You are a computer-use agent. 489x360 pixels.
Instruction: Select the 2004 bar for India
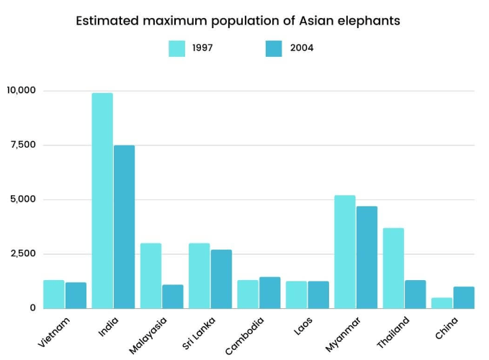pyautogui.click(x=124, y=227)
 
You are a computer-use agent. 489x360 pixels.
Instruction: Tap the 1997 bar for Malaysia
pyautogui.click(x=151, y=276)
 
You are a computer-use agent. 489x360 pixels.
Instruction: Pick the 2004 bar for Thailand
pyautogui.click(x=415, y=294)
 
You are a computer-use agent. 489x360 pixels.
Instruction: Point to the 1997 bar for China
pyautogui.click(x=442, y=303)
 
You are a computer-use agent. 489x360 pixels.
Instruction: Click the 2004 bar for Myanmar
pyautogui.click(x=367, y=257)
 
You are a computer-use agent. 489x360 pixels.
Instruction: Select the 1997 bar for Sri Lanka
pyautogui.click(x=199, y=276)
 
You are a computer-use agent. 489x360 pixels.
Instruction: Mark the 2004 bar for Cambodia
pyautogui.click(x=269, y=292)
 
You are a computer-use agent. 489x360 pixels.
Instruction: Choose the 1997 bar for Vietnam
pyautogui.click(x=54, y=294)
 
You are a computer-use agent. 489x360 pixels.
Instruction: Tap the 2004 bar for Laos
pyautogui.click(x=318, y=294)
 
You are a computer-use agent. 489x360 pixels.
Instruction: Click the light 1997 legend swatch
pyautogui.click(x=177, y=48)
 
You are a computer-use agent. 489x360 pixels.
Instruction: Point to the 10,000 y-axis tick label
pyautogui.click(x=21, y=91)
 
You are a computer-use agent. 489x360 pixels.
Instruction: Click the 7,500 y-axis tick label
pyautogui.click(x=23, y=145)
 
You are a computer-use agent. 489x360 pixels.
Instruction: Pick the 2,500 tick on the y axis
pyautogui.click(x=23, y=253)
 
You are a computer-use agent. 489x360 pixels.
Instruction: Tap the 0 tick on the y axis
pyautogui.click(x=32, y=308)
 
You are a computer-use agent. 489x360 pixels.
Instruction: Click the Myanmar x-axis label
pyautogui.click(x=343, y=333)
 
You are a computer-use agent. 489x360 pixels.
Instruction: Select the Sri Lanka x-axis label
pyautogui.click(x=198, y=332)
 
